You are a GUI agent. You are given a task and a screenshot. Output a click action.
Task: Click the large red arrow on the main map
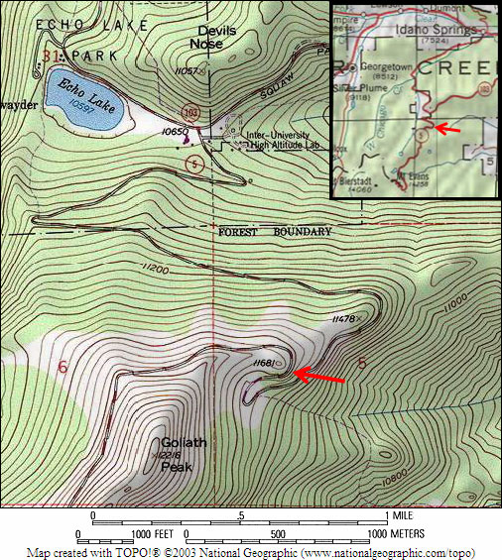point(319,377)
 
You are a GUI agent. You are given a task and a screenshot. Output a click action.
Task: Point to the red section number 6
point(63,368)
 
